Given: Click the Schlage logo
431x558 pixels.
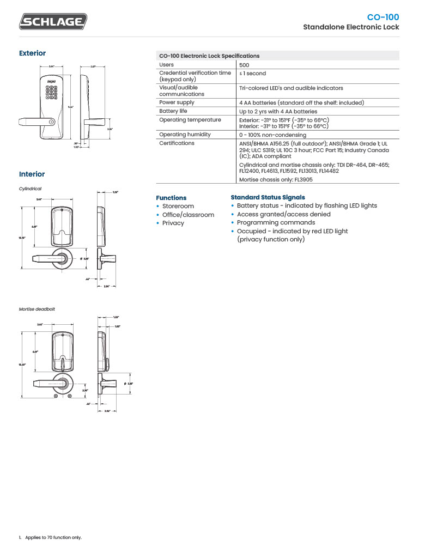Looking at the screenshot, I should (53, 22).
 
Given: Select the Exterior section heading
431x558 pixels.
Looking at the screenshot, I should (32, 53).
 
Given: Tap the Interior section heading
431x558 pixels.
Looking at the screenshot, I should (32, 174).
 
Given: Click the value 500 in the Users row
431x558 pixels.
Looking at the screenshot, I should (244, 65).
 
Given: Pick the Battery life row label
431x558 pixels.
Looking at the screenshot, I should (173, 111).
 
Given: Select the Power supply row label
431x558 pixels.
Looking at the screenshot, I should (177, 102).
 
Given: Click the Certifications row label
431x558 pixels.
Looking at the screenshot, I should (177, 143).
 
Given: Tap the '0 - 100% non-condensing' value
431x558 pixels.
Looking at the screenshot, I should (272, 135).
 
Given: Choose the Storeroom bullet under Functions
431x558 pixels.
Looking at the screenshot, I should (178, 207).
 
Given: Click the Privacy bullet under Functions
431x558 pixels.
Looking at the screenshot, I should (173, 223).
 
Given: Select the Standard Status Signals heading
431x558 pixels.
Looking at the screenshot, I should (268, 197).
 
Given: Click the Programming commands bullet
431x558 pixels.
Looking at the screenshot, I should (276, 222).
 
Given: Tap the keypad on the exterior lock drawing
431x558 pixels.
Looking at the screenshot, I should (52, 91).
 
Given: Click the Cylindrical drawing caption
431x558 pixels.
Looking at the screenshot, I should (30, 189).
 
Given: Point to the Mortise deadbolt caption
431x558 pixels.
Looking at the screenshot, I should (37, 309).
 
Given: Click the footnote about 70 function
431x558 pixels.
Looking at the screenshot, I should (53, 537).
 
